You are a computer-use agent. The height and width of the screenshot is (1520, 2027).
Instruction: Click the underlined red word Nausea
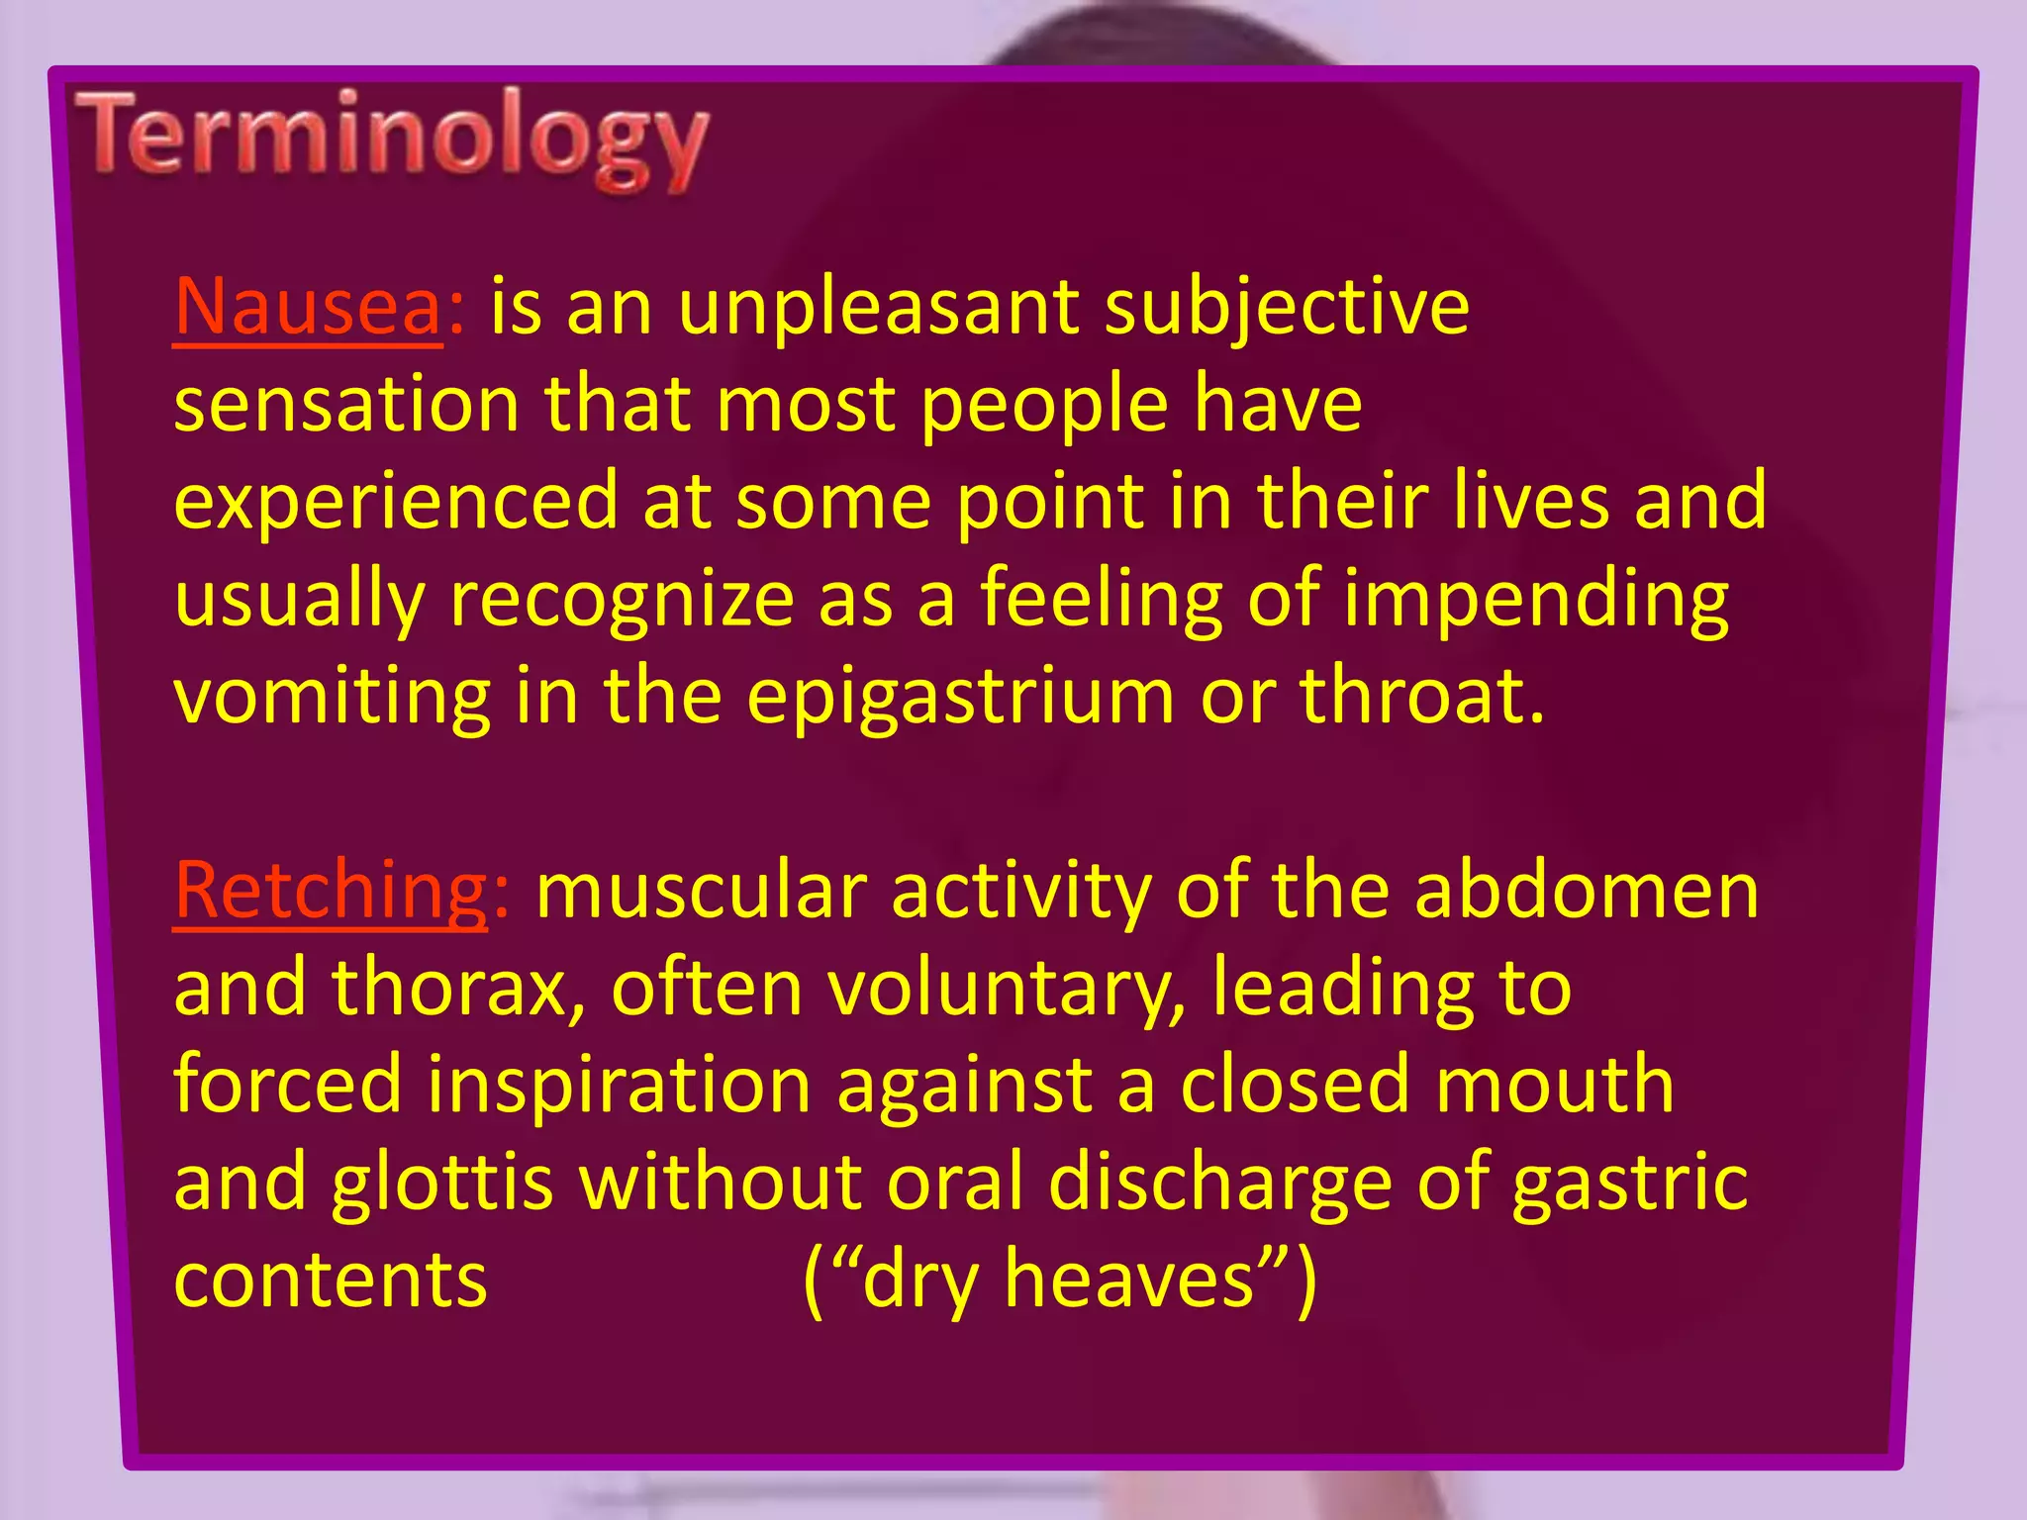point(308,307)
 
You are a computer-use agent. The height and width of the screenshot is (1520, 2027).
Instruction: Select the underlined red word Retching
point(331,890)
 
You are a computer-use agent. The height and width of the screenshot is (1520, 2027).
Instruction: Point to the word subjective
point(1287,307)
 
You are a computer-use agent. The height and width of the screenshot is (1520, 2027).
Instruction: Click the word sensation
point(346,404)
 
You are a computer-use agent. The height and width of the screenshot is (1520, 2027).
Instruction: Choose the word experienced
point(395,501)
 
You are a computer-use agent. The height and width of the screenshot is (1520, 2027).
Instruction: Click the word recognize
point(622,598)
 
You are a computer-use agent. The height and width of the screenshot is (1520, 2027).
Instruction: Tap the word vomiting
point(332,696)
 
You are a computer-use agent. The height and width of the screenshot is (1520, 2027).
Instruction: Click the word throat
point(1419,696)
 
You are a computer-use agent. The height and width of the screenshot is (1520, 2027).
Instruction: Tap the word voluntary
point(1006,987)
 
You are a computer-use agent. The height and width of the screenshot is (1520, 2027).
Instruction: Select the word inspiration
point(619,1084)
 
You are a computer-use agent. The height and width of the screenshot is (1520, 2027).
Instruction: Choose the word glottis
point(441,1182)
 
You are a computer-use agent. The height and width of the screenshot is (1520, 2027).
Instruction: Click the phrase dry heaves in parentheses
point(1059,1279)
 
